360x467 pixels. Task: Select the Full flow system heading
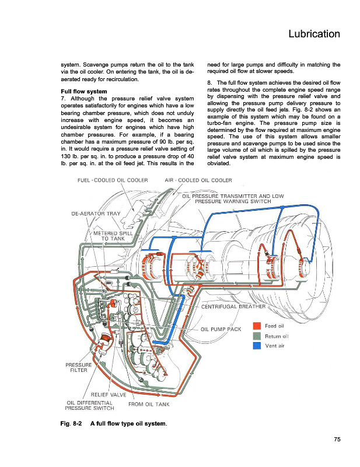87,92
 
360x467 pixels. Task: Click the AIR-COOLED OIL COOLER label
198,179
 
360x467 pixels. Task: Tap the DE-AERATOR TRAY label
96,213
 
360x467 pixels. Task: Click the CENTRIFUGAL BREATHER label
233,306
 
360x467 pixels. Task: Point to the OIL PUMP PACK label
221,329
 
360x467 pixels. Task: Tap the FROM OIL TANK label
149,404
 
